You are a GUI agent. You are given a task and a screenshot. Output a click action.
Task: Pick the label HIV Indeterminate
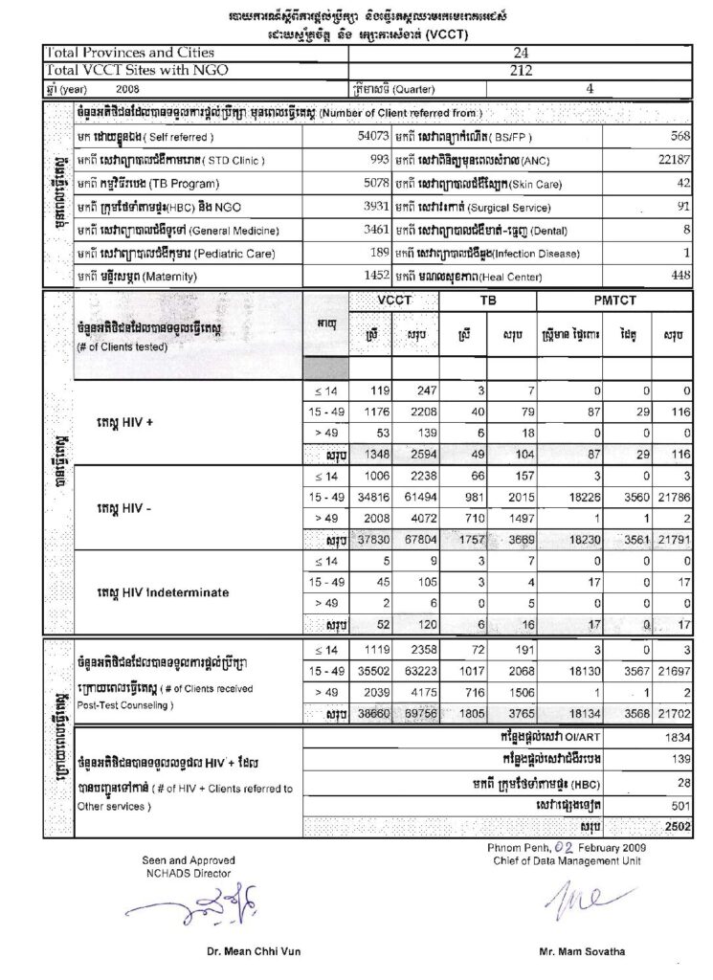[167, 592]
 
